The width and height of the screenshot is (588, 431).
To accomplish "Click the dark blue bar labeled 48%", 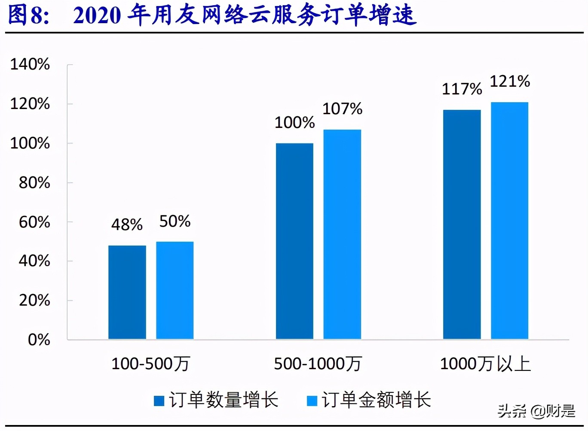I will coord(127,292).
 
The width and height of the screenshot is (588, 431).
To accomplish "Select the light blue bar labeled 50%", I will coord(175,291).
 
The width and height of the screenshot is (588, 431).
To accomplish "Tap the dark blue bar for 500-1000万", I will coord(294,241).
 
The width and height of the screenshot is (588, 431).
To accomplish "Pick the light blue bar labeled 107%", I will coord(342,234).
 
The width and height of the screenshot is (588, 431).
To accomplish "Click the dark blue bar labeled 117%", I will coord(462,225).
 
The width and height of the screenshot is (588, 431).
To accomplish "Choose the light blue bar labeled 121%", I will coord(509,221).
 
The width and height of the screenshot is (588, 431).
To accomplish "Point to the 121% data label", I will coord(510,81).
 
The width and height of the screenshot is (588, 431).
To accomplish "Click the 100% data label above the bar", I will coord(294,123).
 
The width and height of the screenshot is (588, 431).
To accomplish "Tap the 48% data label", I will coord(127,225).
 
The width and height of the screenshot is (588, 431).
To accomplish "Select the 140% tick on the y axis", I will coord(30,64).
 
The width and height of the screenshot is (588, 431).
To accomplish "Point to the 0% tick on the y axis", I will coord(39,340).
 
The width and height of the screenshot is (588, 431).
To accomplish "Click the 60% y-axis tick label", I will coord(34,222).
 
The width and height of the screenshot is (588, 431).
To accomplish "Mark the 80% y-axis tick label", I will coord(34,183).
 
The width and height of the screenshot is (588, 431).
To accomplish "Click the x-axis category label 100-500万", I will coord(150,364).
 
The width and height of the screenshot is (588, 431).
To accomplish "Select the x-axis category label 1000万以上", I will coord(485,364).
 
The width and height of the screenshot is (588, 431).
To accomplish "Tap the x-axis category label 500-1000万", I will coord(318,364).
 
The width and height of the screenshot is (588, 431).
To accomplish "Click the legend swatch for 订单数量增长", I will coord(159,401).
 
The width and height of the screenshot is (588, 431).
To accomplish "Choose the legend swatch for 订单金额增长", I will coord(312,401).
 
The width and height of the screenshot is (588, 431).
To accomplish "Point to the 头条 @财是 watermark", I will coord(536,411).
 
